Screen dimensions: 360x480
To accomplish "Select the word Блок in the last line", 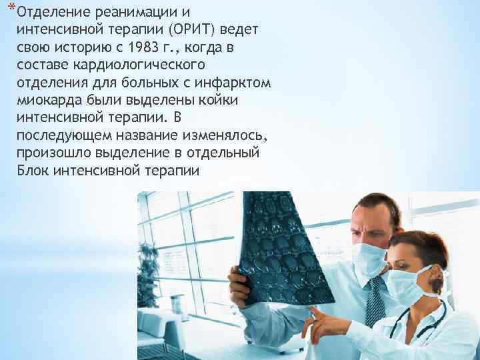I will tap(28, 171).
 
